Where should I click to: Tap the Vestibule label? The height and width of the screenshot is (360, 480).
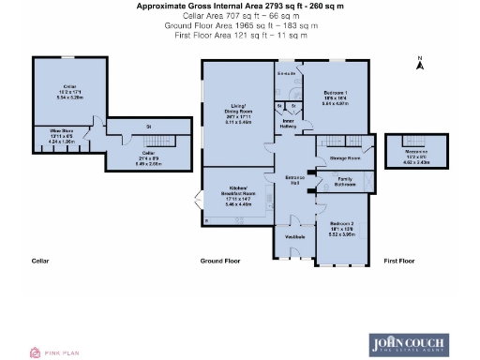tap(293, 237)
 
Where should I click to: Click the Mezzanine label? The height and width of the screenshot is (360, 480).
tap(415, 152)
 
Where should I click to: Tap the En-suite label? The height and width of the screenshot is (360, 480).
tap(287, 72)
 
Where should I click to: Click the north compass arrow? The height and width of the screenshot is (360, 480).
tap(420, 63)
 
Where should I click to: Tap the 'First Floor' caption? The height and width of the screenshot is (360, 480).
tap(398, 260)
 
